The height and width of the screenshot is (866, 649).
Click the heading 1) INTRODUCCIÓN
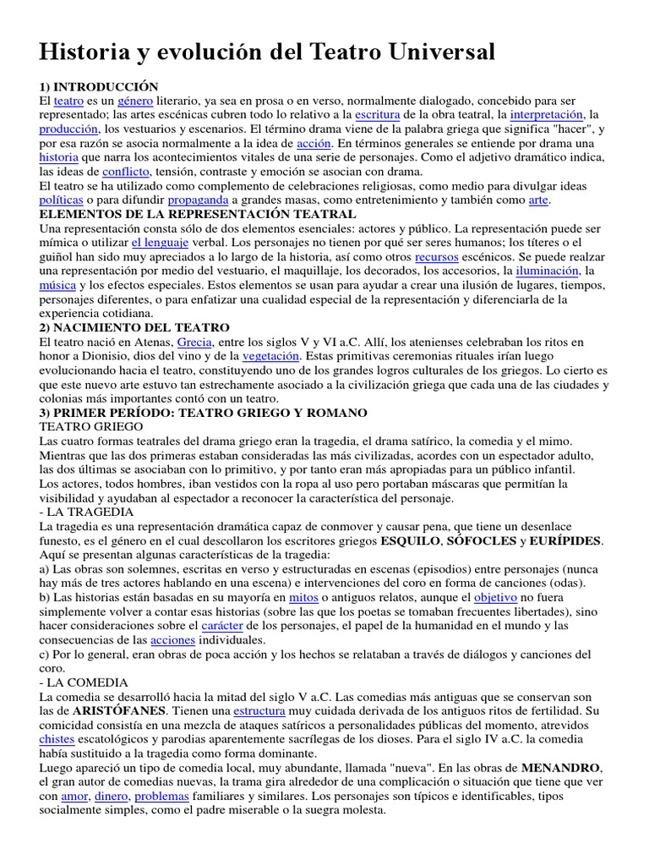99,86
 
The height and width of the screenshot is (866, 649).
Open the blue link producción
68,129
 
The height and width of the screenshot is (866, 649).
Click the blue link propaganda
199,200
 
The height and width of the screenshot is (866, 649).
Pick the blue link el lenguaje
161,244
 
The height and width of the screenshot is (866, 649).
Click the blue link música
57,286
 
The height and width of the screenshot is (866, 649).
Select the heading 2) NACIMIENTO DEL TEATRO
134,327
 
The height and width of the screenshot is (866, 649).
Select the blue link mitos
303,597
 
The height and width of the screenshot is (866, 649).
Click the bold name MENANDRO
560,768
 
